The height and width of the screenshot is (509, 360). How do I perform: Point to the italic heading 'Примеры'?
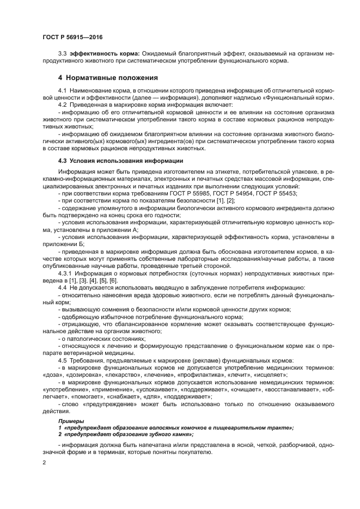(x=71, y=421)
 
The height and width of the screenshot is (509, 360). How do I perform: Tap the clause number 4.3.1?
(x=66, y=272)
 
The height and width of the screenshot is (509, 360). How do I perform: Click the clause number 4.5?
(x=62, y=360)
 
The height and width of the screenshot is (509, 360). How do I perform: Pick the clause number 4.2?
(x=62, y=104)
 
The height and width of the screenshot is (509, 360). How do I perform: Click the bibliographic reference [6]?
(x=113, y=279)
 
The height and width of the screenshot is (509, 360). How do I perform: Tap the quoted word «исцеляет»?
(x=273, y=376)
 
